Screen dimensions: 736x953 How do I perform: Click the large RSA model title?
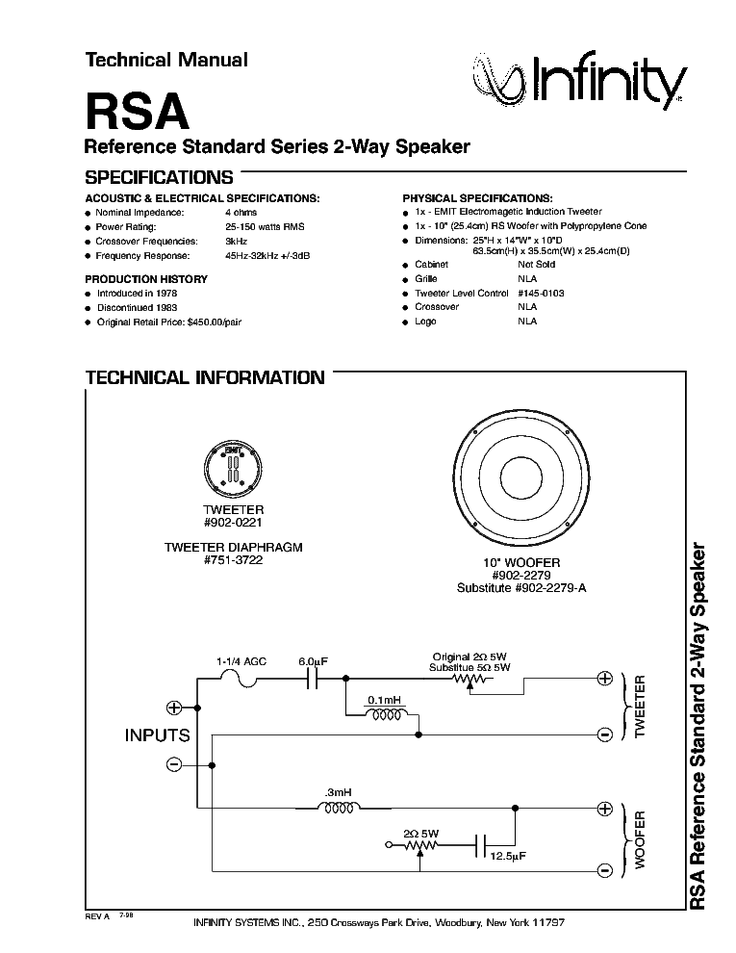tap(138, 112)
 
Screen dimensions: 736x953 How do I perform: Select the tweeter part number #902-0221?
tap(233, 523)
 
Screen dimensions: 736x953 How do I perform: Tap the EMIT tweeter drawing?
tap(233, 469)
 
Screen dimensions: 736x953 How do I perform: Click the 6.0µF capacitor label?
tap(314, 661)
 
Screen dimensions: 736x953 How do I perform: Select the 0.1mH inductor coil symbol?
tap(386, 714)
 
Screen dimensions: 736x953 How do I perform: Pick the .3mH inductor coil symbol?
tap(339, 808)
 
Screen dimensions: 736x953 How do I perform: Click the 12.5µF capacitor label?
tap(508, 857)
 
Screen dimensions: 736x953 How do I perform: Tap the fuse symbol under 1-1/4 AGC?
tap(240, 680)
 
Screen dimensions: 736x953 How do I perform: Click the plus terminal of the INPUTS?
tap(174, 708)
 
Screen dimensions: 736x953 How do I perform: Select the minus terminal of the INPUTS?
tap(174, 764)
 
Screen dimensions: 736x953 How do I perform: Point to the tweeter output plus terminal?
tap(605, 679)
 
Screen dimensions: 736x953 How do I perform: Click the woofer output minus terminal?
tap(605, 871)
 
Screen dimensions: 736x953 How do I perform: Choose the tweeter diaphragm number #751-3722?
tap(233, 560)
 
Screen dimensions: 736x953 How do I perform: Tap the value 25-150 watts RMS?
tap(265, 227)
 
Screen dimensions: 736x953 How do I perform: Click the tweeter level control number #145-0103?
tap(541, 293)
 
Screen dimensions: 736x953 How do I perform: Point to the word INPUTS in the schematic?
tap(157, 735)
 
